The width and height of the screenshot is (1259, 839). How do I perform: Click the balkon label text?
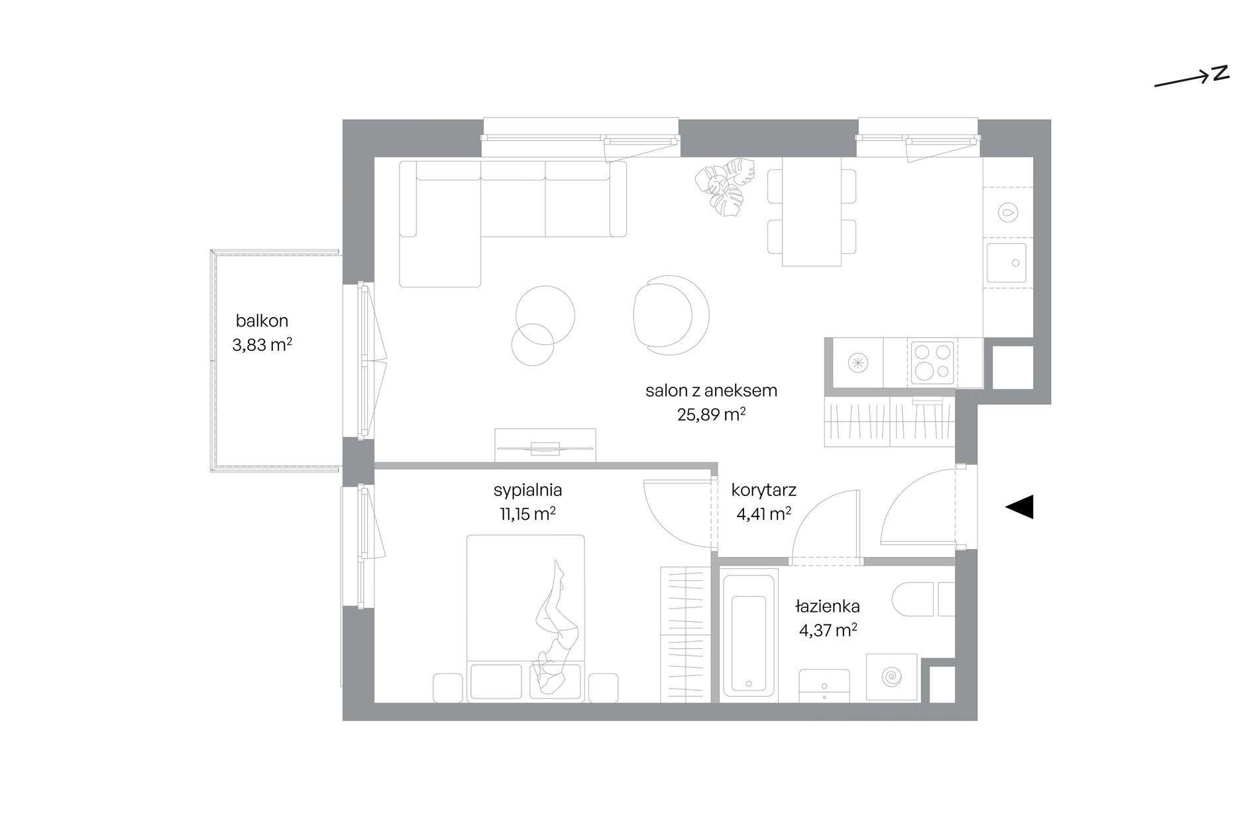[x=262, y=321]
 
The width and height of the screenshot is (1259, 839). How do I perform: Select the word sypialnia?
[x=528, y=491]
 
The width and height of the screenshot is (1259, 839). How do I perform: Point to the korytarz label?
[x=763, y=491]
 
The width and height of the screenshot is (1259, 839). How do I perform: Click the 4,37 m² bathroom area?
[x=828, y=630]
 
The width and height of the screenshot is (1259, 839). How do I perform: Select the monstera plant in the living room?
[x=725, y=186]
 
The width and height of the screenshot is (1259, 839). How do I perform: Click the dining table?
[x=812, y=211]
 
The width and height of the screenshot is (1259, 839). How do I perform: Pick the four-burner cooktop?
[x=932, y=362]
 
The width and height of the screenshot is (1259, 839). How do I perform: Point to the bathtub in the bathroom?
[x=749, y=635]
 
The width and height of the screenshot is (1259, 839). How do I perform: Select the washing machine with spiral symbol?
[x=891, y=678]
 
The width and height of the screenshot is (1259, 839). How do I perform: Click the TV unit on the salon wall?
[x=545, y=445]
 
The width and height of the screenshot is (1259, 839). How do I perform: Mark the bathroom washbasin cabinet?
[x=824, y=685]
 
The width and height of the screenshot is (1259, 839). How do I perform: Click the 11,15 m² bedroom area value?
[x=527, y=514]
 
